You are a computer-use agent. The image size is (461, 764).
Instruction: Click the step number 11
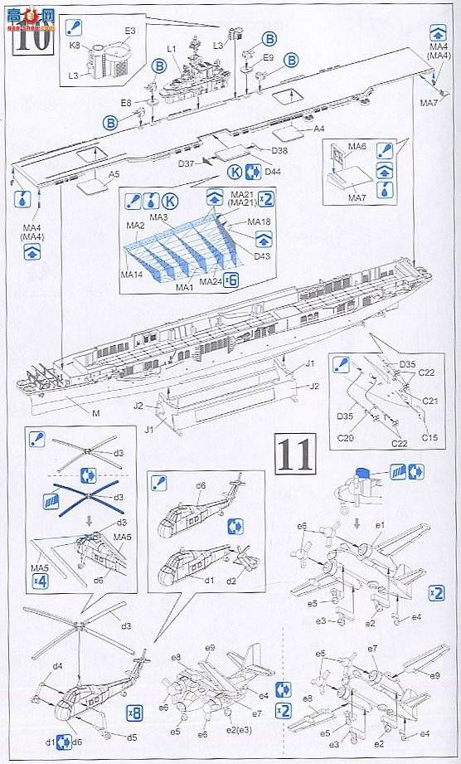tap(294, 453)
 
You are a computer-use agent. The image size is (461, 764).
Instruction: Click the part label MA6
tap(357, 147)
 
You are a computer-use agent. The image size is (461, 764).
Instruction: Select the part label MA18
tap(260, 222)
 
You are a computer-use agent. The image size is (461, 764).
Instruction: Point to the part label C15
tap(429, 437)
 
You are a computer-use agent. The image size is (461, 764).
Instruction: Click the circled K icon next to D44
tap(235, 172)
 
